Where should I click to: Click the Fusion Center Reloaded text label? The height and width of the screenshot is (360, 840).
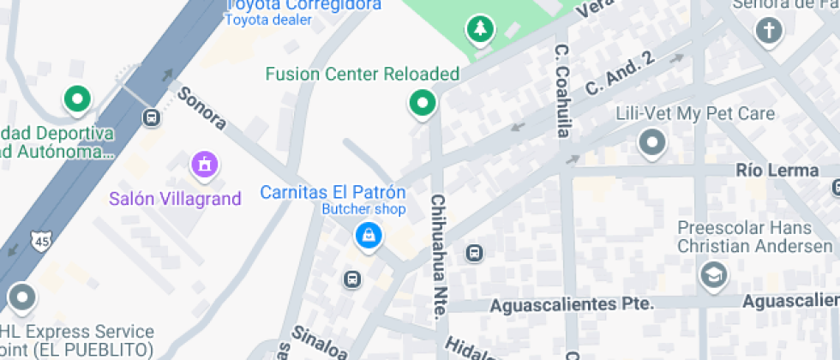pyautogui.click(x=363, y=74)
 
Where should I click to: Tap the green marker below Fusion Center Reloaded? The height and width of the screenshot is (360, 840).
pyautogui.click(x=422, y=104)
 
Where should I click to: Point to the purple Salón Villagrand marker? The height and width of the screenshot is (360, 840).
pyautogui.click(x=204, y=163)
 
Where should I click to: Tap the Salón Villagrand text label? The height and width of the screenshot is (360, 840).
pyautogui.click(x=175, y=199)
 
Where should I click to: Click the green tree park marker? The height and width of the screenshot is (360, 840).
pyautogui.click(x=480, y=30)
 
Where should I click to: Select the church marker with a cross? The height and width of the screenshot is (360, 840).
pyautogui.click(x=769, y=32)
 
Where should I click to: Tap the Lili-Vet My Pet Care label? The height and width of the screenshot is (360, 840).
pyautogui.click(x=695, y=114)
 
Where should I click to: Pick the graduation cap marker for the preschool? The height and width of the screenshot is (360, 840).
pyautogui.click(x=711, y=274)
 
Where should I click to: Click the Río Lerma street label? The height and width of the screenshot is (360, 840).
pyautogui.click(x=777, y=171)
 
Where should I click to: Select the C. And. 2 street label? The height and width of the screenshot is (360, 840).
pyautogui.click(x=620, y=74)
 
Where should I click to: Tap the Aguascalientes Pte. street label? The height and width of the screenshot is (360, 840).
pyautogui.click(x=572, y=304)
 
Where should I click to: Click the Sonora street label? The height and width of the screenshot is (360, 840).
pyautogui.click(x=201, y=107)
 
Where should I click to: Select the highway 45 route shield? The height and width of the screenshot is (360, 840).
pyautogui.click(x=39, y=241)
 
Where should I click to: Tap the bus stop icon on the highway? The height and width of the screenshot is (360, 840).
pyautogui.click(x=152, y=117)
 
